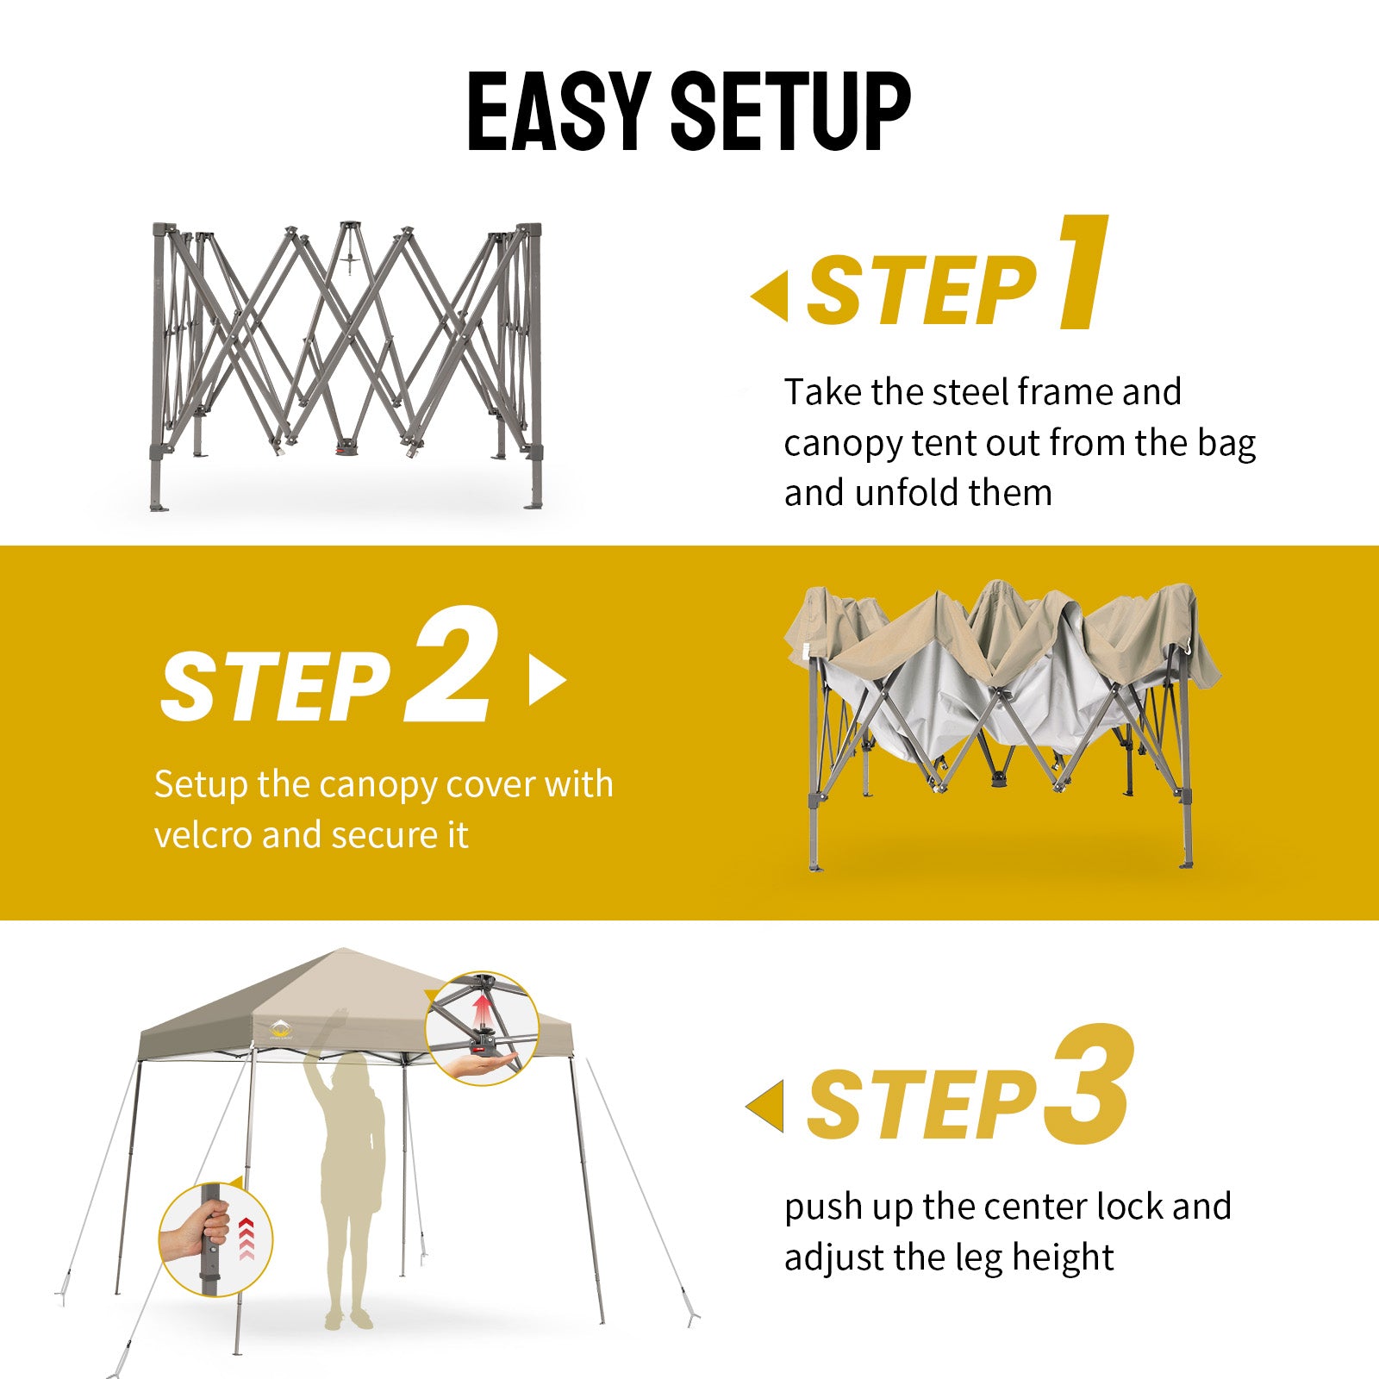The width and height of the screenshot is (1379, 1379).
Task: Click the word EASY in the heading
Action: coord(558,111)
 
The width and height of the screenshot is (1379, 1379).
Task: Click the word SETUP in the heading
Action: coord(791,111)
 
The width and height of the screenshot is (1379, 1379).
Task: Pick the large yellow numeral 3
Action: coord(1089,1086)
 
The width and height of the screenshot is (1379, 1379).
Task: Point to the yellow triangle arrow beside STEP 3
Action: coord(764,1106)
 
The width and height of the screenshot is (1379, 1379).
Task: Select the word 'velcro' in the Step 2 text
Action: coord(203,834)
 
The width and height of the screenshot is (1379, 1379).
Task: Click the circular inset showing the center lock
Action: coord(482,1028)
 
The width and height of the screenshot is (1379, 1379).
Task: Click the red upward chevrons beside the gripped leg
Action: coord(246,1239)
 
